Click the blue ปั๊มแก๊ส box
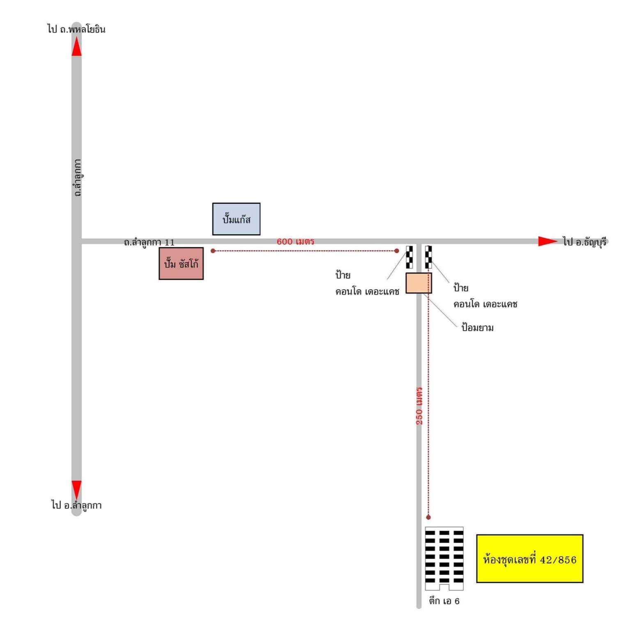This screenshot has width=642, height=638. click(236, 219)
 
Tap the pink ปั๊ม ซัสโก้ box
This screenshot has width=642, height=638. click(181, 263)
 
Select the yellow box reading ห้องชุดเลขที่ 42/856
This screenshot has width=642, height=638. click(529, 559)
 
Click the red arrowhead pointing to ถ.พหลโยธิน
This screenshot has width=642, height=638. click(76, 46)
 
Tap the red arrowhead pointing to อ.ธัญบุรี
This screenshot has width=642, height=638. click(548, 241)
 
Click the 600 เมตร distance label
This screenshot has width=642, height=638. click(295, 241)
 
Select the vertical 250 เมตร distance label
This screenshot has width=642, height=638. click(419, 405)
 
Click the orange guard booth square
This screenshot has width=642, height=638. click(419, 283)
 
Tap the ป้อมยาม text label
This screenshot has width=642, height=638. click(477, 327)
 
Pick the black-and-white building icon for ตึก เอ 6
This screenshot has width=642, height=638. click(444, 558)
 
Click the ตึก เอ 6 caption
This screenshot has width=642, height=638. click(444, 601)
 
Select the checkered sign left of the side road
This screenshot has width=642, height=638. click(409, 257)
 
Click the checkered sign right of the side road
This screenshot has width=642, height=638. click(428, 257)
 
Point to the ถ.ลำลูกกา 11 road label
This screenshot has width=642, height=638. click(149, 242)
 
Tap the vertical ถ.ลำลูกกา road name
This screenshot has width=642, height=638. click(77, 177)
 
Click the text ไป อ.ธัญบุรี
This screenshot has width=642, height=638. click(584, 242)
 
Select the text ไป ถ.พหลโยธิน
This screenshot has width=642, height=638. click(76, 29)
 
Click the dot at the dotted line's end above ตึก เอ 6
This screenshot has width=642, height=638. click(428, 517)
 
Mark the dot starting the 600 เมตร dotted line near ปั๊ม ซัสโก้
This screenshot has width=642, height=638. click(213, 251)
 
